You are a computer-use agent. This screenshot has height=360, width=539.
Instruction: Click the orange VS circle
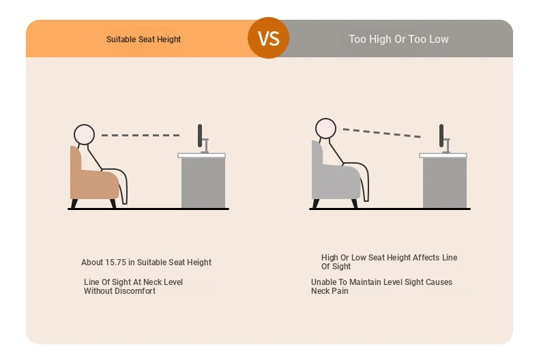pyautogui.click(x=268, y=37)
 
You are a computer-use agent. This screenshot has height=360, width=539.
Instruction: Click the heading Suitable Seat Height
pyautogui.click(x=143, y=40)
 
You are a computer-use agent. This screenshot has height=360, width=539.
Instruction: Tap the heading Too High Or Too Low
pyautogui.click(x=398, y=39)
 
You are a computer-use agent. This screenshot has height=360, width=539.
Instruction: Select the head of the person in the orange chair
pyautogui.click(x=84, y=134)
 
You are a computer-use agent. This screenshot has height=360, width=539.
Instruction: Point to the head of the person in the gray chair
pyautogui.click(x=325, y=128)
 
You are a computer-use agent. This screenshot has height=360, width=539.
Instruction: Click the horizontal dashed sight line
pyautogui.click(x=141, y=136)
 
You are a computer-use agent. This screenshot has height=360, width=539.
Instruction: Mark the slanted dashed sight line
pyautogui.click(x=382, y=133)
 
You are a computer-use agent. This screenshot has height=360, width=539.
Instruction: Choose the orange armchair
pyautogui.click(x=93, y=179)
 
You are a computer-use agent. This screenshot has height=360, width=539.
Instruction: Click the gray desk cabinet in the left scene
pyautogui.click(x=203, y=183)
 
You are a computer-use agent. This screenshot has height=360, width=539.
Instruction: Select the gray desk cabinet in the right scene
pyautogui.click(x=445, y=183)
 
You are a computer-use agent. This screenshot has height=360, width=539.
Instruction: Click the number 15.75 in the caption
pyautogui.click(x=115, y=262)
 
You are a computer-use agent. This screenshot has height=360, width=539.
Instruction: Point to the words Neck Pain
pyautogui.click(x=330, y=291)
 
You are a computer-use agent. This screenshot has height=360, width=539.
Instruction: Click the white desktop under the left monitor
pyautogui.click(x=202, y=155)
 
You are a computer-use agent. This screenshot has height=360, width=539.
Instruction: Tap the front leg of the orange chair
pyautogui.click(x=113, y=203)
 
